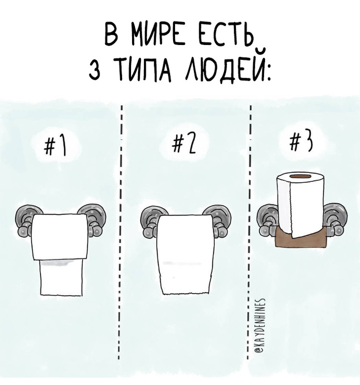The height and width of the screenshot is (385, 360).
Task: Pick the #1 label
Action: coord(55,146)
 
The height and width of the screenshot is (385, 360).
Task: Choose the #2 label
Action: coord(185,145)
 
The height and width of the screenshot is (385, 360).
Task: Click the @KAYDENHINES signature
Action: coord(260,326)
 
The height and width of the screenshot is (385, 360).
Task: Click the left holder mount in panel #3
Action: coord(266,220)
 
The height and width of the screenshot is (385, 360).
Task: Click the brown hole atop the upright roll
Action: coord(300,176)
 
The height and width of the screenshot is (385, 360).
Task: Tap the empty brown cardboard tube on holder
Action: coord(299,238)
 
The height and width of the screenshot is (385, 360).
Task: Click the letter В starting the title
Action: coord(112,35)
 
